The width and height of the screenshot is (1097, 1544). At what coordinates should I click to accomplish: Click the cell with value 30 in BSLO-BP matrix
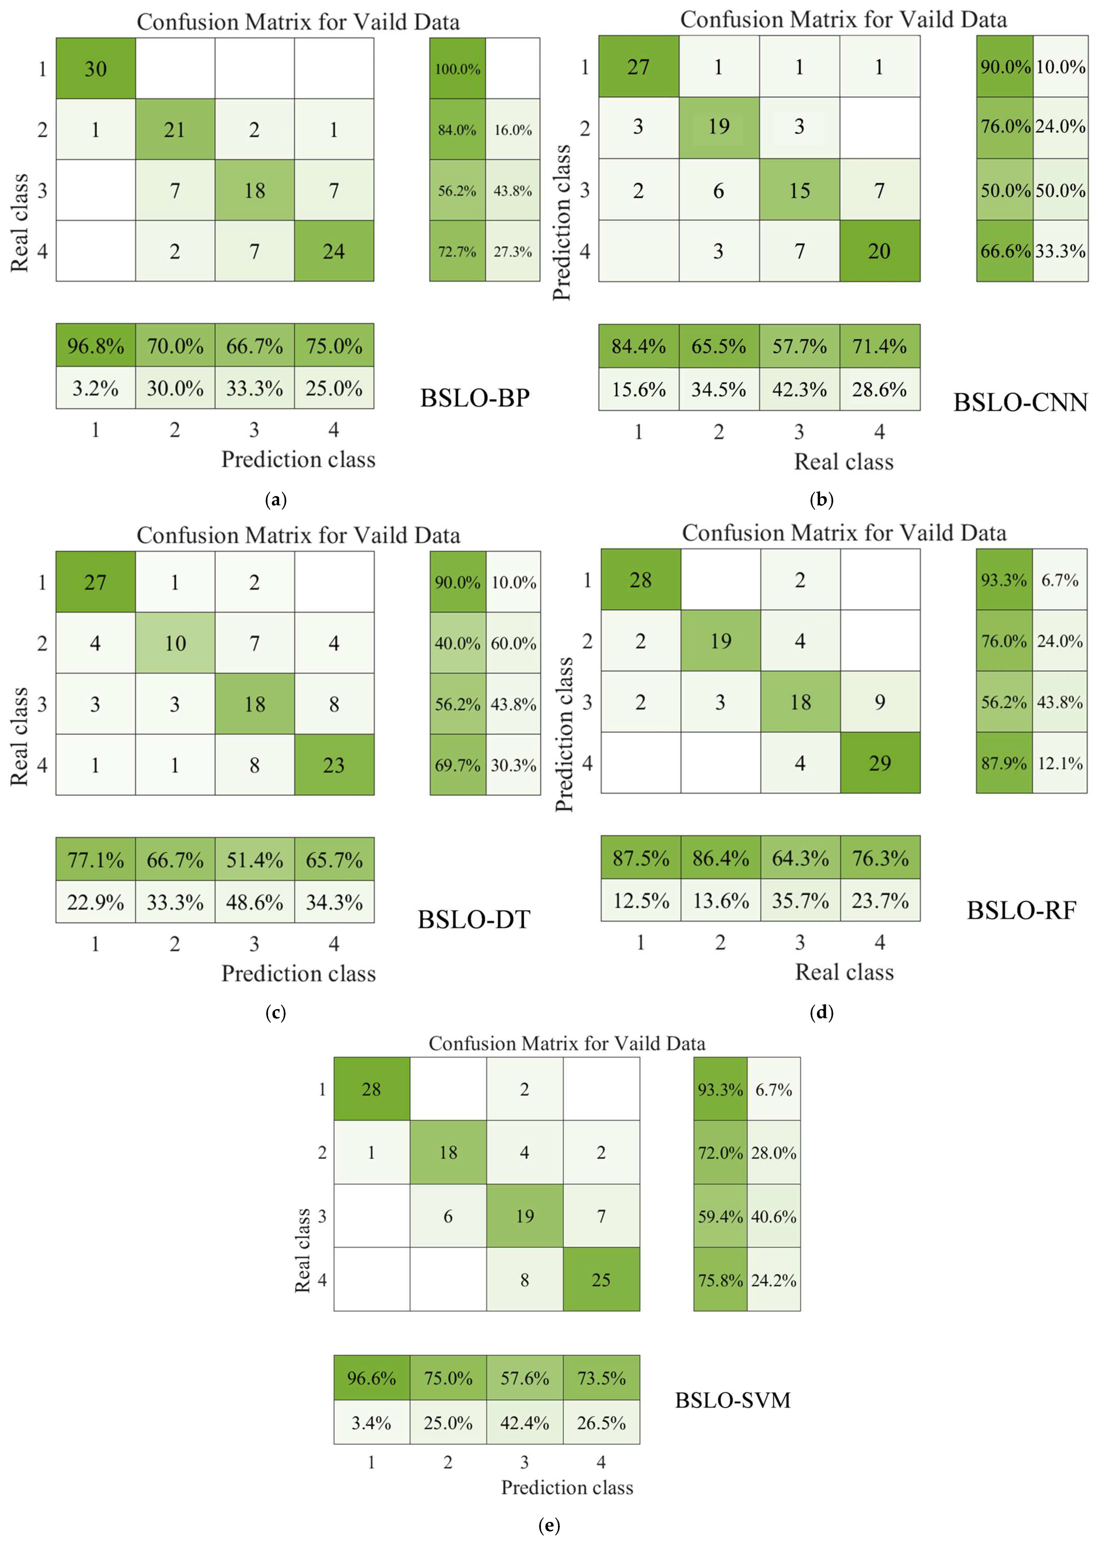pos(95,69)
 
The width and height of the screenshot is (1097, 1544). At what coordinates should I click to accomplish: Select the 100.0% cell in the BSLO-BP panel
pos(457,69)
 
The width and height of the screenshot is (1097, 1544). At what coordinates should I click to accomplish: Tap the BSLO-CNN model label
pos(1020,403)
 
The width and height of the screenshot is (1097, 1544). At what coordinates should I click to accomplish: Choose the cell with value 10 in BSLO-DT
pos(175,643)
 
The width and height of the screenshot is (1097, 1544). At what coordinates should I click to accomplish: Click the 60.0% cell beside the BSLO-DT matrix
pos(513,643)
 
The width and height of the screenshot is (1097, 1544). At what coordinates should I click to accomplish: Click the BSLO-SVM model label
pos(733,1400)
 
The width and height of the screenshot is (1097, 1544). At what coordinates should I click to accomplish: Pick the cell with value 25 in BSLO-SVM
pos(601,1280)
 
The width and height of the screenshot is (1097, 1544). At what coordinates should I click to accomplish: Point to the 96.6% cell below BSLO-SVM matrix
pos(372,1378)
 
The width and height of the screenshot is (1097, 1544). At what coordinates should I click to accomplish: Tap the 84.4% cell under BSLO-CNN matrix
pos(638,346)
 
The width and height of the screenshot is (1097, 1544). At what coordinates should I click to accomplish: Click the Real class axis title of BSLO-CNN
pos(844,462)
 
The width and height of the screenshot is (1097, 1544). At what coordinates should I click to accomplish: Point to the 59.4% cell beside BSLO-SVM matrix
pos(720,1216)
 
